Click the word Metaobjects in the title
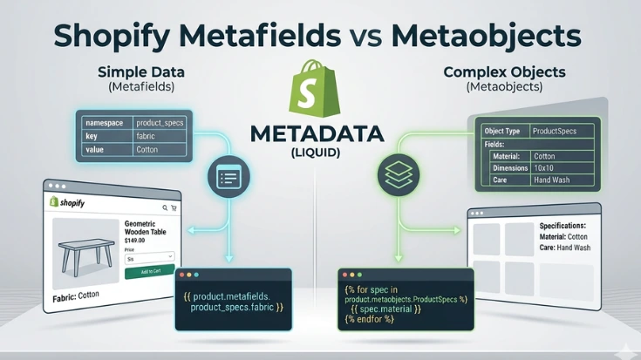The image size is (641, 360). (486, 36)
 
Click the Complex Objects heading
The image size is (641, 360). (494, 71)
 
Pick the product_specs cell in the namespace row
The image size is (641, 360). (160, 123)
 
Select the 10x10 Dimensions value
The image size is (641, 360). (545, 168)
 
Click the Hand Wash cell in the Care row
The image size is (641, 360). (552, 180)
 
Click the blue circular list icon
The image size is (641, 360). (227, 178)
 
